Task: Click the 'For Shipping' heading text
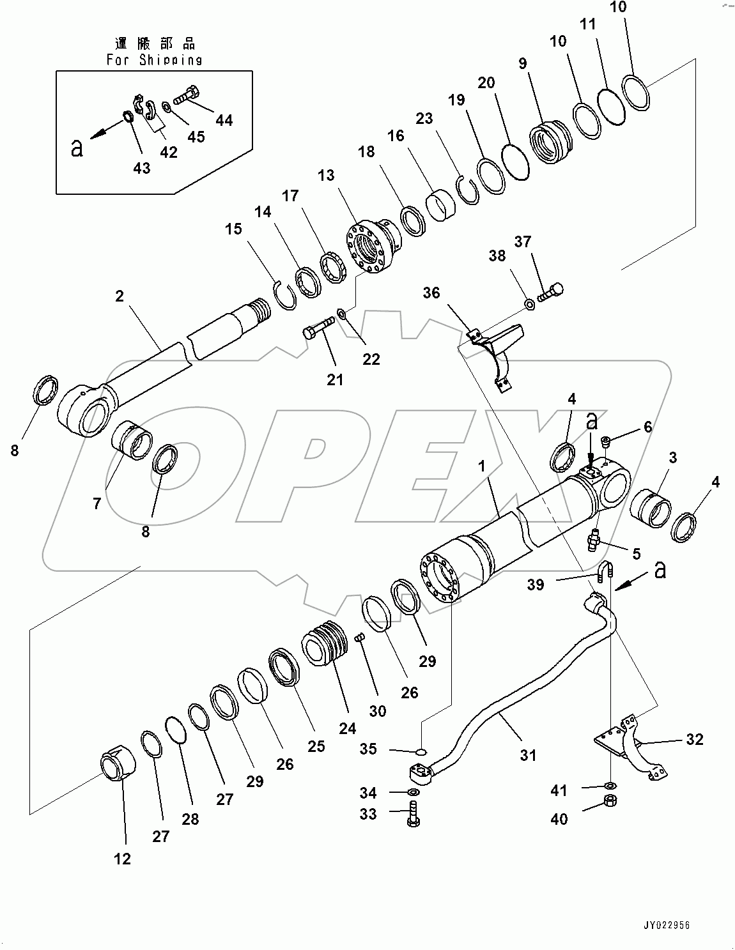pyautogui.click(x=154, y=60)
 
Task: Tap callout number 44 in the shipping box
pyautogui.click(x=224, y=119)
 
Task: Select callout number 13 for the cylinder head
pyautogui.click(x=326, y=175)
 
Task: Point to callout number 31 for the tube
pyautogui.click(x=527, y=755)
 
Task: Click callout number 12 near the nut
pyautogui.click(x=122, y=859)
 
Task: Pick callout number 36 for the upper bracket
pyautogui.click(x=431, y=293)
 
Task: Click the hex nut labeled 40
pyautogui.click(x=610, y=802)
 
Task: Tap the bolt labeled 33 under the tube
pyautogui.click(x=413, y=816)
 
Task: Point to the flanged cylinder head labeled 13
pyautogui.click(x=371, y=249)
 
